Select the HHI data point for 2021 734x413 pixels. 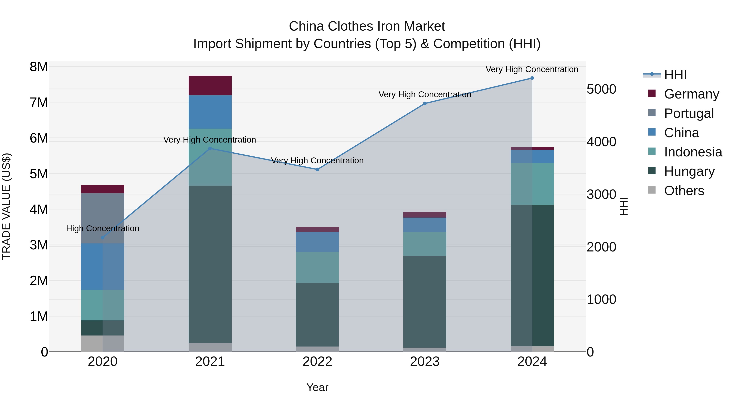(x=210, y=148)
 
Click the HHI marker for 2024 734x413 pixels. (x=532, y=78)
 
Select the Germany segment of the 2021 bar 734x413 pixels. (x=210, y=85)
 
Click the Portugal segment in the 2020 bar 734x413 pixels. (x=103, y=218)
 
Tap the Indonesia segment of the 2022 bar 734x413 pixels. (x=317, y=267)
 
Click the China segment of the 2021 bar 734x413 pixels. (x=210, y=112)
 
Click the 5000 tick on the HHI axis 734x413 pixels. (x=601, y=89)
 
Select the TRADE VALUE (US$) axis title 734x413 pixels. (x=6, y=206)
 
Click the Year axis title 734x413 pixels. (x=317, y=387)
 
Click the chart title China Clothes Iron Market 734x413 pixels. (x=367, y=26)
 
